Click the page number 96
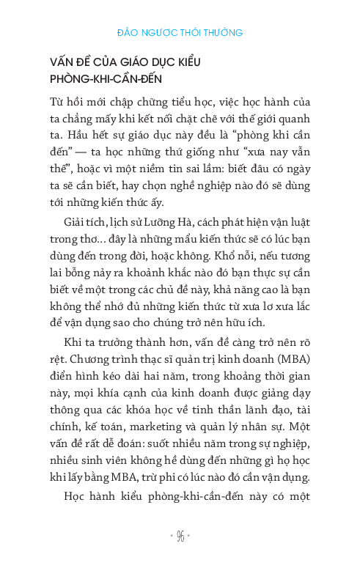pos(180,536)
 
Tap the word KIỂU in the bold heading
pos(185,62)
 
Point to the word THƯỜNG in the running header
pos(222,33)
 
